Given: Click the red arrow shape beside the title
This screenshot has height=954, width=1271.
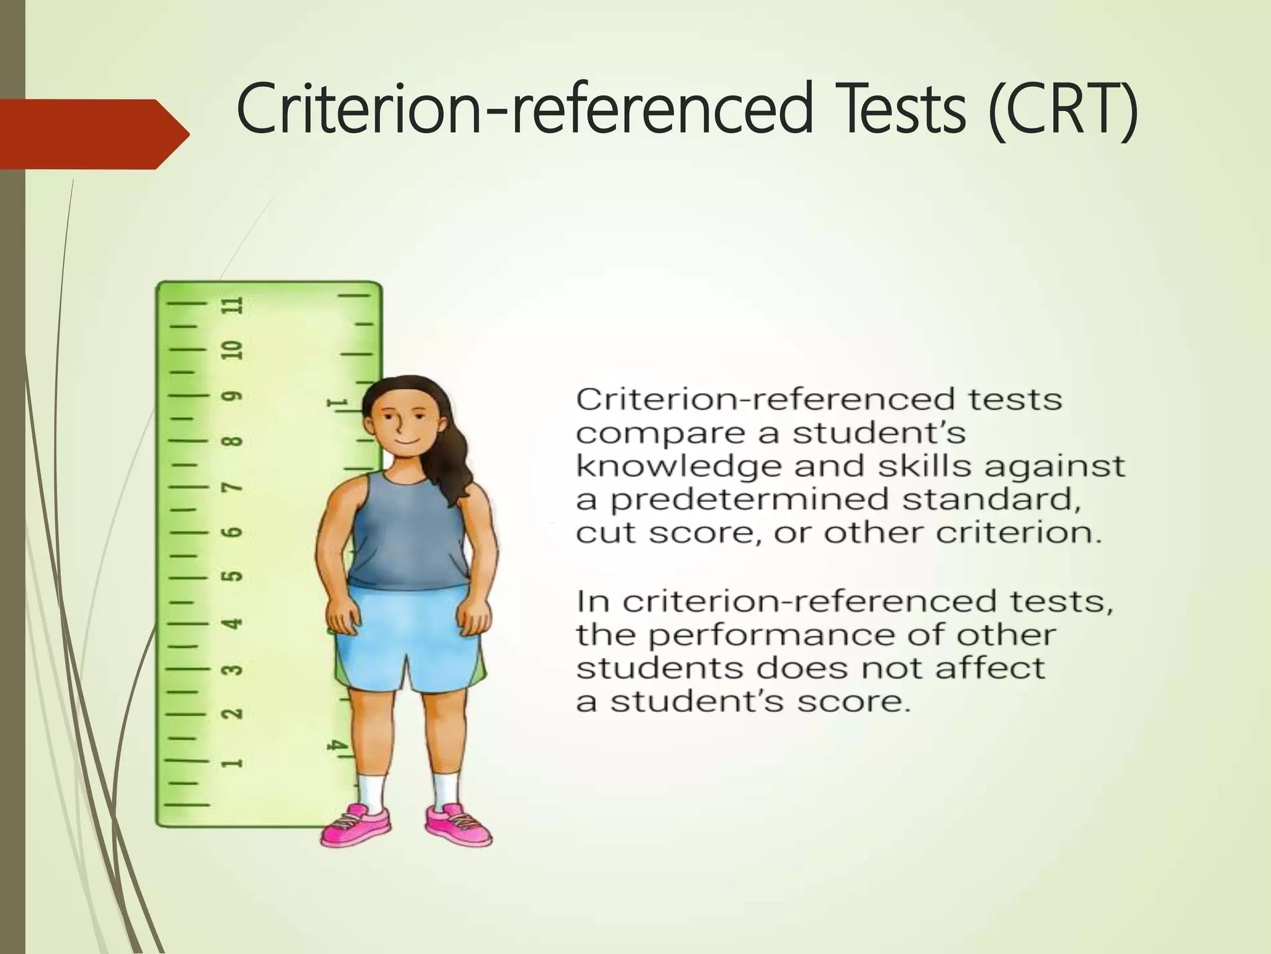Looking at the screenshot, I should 93,134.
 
